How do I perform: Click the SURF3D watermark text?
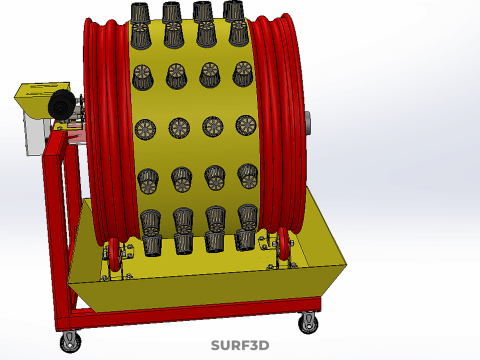pos(240,345)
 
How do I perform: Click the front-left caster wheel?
pos(71,341)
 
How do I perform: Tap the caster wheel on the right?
pos(308,323)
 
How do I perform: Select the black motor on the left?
pos(62,104)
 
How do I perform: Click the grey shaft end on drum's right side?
pos(307,123)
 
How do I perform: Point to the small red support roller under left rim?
pos(114,254)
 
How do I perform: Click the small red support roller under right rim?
pos(283,244)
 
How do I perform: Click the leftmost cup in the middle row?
pos(145,129)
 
